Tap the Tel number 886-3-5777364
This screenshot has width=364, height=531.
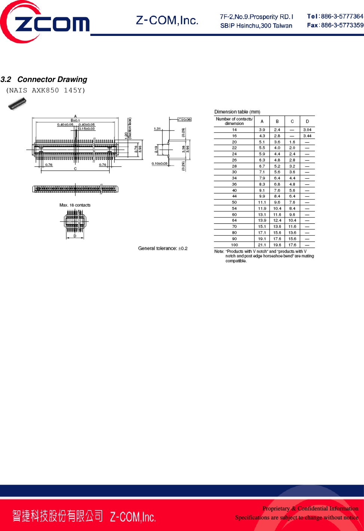click(x=342, y=16)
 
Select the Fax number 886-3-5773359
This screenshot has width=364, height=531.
click(x=342, y=25)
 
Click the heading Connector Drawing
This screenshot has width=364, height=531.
click(x=52, y=79)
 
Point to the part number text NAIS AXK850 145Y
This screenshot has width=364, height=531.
click(x=45, y=90)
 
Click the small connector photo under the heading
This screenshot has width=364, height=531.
click(x=17, y=104)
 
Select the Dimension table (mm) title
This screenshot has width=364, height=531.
click(x=237, y=112)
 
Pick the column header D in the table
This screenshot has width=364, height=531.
click(x=307, y=121)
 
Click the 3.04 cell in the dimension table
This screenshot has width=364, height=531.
click(x=307, y=130)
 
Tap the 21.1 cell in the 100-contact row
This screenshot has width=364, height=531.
click(x=262, y=245)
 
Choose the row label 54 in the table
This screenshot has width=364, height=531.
click(x=234, y=208)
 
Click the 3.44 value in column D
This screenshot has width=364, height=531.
click(x=307, y=136)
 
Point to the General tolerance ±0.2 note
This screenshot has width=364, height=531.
click(x=163, y=248)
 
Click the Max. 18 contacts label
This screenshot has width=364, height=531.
click(x=75, y=205)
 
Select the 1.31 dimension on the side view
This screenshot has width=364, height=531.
click(x=157, y=129)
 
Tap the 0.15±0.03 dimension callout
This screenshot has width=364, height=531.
click(x=87, y=129)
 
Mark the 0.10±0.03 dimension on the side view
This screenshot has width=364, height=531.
click(x=159, y=164)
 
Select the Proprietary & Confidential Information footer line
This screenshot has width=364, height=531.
click(x=310, y=509)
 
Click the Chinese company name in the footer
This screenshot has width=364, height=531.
click(x=57, y=516)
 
